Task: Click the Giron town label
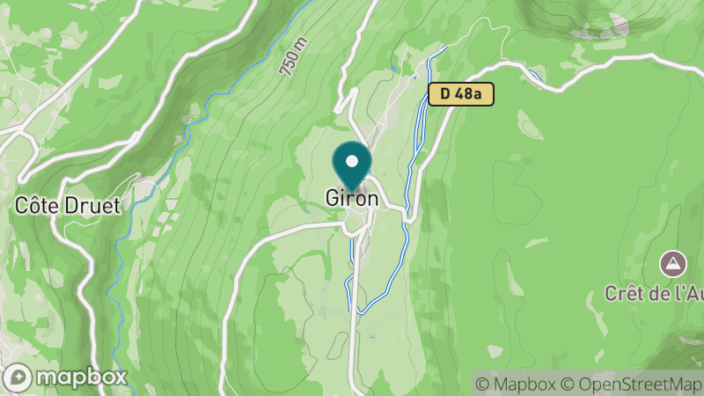point(352,199)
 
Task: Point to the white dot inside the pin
point(352,162)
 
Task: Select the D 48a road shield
point(460,93)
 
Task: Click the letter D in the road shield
point(445,93)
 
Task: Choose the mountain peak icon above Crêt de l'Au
point(673,262)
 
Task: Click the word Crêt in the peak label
point(622,294)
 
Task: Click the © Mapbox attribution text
point(515,384)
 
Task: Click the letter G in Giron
point(332,199)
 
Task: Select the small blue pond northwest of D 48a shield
point(393,70)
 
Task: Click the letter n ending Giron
point(373,199)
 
